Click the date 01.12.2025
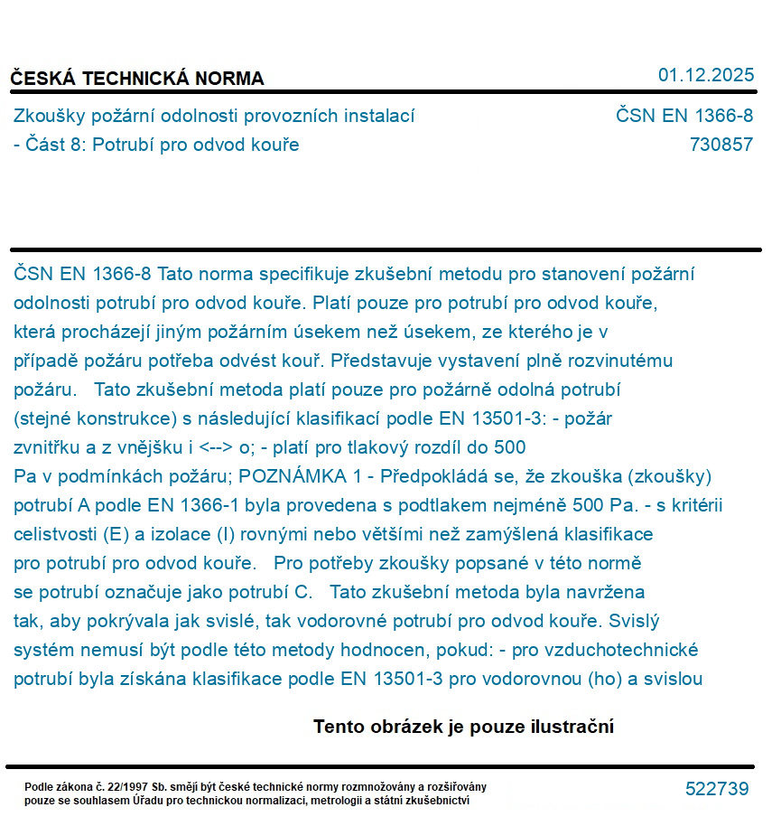[x=705, y=75]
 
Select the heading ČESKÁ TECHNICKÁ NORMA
[x=137, y=79]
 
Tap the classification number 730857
[x=721, y=145]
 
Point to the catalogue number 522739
[x=717, y=789]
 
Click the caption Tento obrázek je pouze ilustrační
[x=463, y=727]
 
